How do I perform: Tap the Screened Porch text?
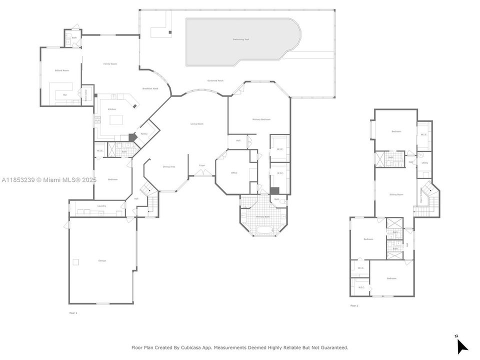click(x=215, y=80)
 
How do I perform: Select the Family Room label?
click(x=110, y=64)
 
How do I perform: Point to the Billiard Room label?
click(x=62, y=71)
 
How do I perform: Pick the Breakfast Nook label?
click(x=150, y=88)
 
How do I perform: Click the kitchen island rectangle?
click(x=116, y=119)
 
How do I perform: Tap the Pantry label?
click(x=144, y=134)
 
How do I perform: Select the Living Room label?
click(x=197, y=123)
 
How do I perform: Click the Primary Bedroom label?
click(x=261, y=119)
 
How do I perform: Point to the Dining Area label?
click(x=169, y=166)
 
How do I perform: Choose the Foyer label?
click(x=202, y=165)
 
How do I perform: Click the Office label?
click(x=234, y=173)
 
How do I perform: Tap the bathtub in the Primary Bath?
click(x=262, y=230)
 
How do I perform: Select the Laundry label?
click(x=101, y=206)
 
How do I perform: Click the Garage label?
click(x=102, y=261)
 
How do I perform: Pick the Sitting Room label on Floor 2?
click(x=396, y=194)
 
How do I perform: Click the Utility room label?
click(x=424, y=163)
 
